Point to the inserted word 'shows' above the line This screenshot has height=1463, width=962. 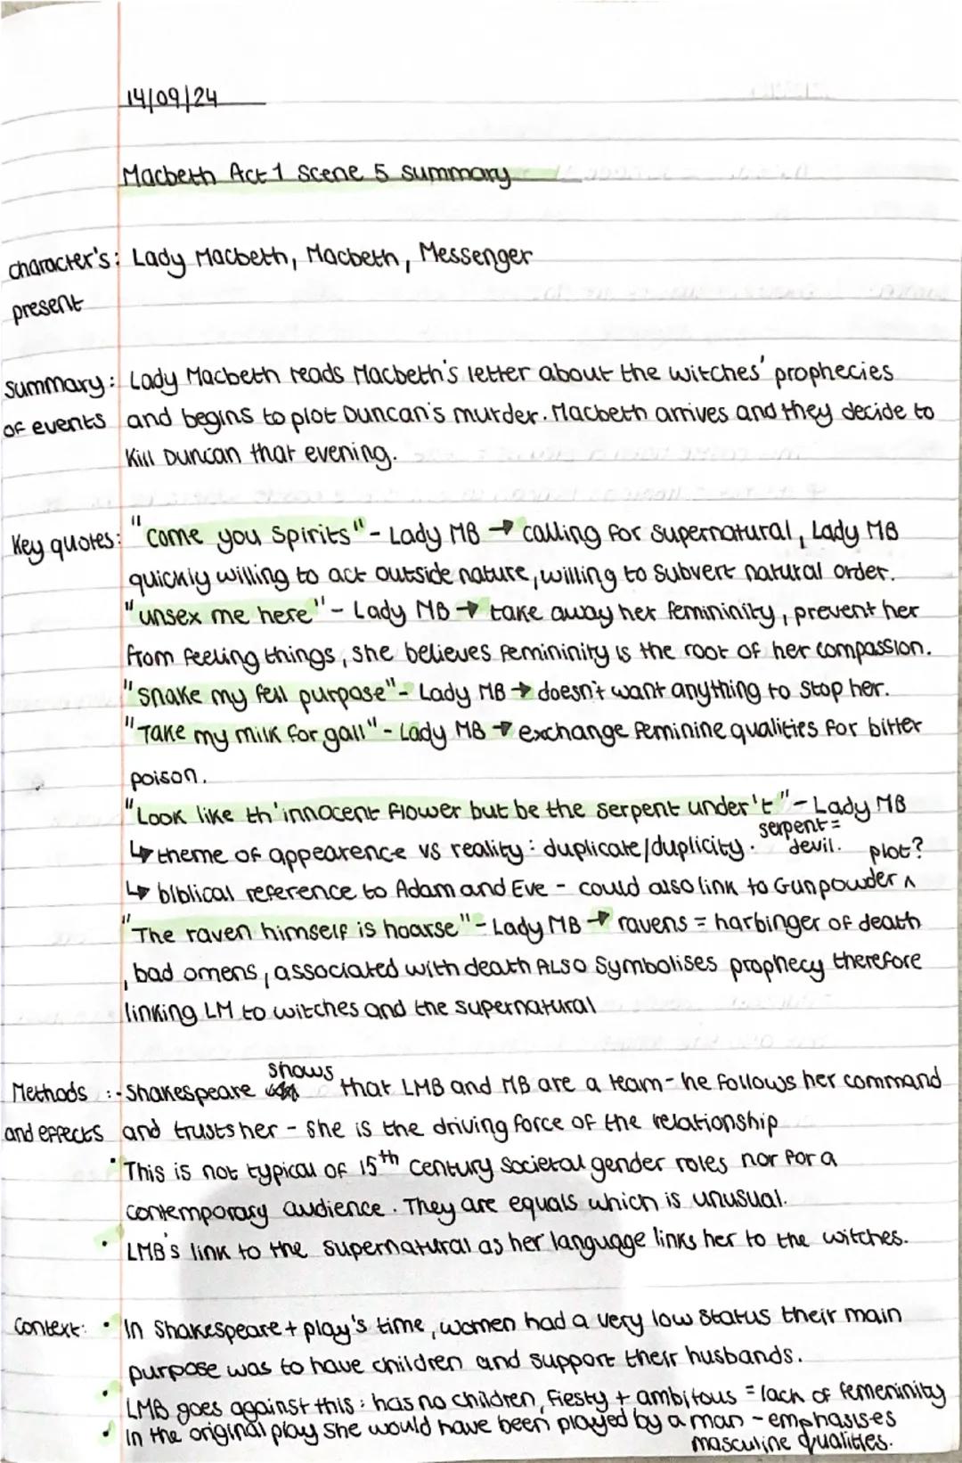pyautogui.click(x=301, y=1068)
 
